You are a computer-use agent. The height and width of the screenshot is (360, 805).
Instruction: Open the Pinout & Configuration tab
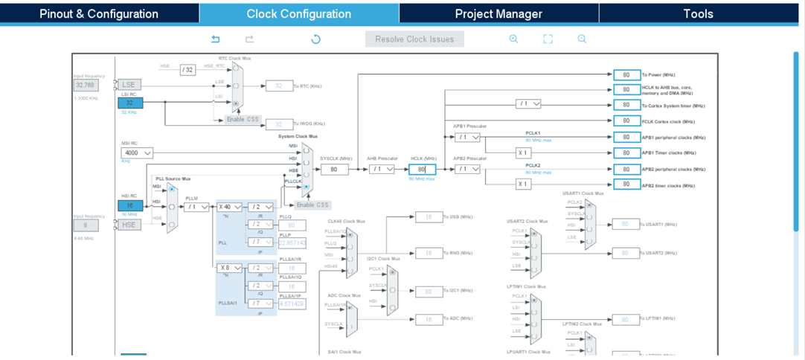[99, 13]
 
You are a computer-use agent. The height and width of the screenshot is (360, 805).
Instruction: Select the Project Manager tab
[498, 13]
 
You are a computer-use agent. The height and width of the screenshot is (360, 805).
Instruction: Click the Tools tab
[698, 13]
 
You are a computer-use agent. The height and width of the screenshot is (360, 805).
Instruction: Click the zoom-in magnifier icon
[513, 39]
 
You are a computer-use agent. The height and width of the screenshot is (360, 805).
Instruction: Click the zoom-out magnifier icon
[582, 39]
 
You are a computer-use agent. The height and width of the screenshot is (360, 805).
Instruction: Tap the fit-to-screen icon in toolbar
[548, 39]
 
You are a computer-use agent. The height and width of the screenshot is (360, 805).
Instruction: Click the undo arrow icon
[216, 39]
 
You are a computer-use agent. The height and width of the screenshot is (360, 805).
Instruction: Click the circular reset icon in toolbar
[315, 39]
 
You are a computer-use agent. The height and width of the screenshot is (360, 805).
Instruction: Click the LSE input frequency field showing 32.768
[86, 86]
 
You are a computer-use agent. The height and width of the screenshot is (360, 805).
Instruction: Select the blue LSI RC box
[130, 103]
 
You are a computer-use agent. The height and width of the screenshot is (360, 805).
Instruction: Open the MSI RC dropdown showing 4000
[137, 152]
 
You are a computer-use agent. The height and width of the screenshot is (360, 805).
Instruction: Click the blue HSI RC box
[130, 205]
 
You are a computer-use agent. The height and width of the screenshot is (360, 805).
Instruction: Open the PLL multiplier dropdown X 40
[230, 207]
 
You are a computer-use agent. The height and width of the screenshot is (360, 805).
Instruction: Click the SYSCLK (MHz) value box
[335, 169]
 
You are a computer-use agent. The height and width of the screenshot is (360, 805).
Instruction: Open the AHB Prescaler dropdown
[382, 169]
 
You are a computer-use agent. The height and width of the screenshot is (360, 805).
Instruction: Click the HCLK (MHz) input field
[422, 169]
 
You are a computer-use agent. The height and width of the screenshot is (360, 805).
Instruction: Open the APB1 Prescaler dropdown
[467, 137]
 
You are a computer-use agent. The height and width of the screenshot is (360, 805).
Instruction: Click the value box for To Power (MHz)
[626, 75]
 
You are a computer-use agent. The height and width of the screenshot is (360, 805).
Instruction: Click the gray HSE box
[129, 225]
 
